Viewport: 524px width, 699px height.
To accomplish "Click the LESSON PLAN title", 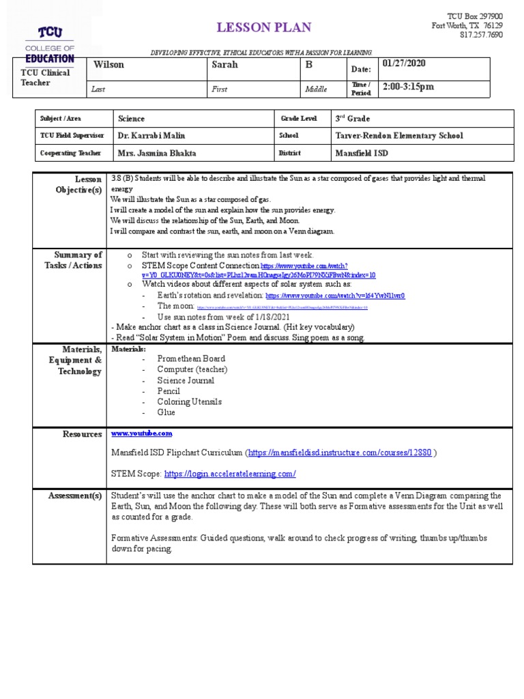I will tap(263, 27).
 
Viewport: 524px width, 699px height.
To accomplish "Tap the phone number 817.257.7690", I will tap(481, 35).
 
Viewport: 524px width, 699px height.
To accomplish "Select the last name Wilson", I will tap(108, 65).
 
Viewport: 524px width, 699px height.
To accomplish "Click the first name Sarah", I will tap(224, 65).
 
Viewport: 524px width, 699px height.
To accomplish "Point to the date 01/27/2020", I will tap(404, 63).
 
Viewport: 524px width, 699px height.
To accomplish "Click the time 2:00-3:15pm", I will tap(408, 87).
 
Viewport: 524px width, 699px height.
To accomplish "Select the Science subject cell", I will tap(132, 118).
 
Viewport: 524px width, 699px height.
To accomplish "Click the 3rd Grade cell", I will tap(353, 118).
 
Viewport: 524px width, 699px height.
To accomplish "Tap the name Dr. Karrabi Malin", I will tap(151, 136).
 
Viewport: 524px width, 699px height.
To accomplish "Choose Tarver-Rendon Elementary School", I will tap(399, 136).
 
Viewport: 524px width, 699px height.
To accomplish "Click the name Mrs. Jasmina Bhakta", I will tap(158, 154).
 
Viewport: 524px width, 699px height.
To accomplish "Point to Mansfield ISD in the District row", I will tap(362, 154).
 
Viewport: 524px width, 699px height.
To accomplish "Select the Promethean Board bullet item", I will tap(191, 358).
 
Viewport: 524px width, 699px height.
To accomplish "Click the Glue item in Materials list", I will tap(166, 412).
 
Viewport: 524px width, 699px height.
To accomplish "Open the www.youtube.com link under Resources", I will tap(142, 433).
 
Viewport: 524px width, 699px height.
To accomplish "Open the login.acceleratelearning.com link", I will tap(230, 473).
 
